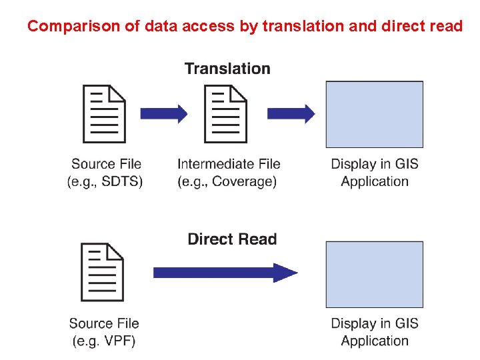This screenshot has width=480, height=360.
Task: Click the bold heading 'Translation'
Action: (x=227, y=69)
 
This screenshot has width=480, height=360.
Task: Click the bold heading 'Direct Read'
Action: (x=232, y=239)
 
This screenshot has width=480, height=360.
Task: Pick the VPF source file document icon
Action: (x=102, y=272)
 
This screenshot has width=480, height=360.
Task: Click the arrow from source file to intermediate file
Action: (x=164, y=113)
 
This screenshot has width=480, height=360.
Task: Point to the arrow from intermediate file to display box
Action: (x=291, y=113)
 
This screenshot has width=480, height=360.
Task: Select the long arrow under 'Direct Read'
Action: (x=225, y=272)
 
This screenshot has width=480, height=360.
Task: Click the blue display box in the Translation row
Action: (x=374, y=114)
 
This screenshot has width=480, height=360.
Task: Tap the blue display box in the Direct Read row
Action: (x=374, y=274)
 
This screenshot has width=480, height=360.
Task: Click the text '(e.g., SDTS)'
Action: (x=105, y=181)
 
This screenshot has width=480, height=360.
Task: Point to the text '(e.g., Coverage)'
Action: (x=227, y=181)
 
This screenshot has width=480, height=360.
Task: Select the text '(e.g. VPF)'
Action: (x=104, y=341)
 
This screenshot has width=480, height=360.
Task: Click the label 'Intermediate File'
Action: (x=229, y=164)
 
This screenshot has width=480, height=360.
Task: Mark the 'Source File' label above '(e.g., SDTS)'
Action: (x=106, y=164)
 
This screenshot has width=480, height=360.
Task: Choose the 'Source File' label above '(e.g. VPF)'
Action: (x=104, y=324)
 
